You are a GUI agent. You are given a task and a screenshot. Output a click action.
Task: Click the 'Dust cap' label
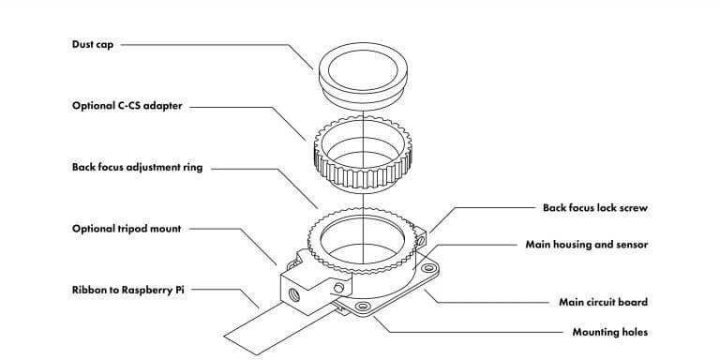[91, 44]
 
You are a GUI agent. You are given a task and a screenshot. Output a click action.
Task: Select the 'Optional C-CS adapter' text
[127, 106]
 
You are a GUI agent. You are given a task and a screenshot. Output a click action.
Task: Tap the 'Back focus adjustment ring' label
[137, 168]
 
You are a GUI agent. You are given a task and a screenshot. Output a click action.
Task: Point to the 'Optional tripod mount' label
[126, 228]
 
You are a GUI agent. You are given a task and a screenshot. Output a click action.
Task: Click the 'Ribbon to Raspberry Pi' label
[127, 290]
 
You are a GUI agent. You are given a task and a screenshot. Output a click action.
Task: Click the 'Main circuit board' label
[597, 302]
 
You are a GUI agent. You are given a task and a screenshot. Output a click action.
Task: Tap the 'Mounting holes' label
[609, 332]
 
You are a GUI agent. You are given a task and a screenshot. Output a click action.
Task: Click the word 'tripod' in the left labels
[135, 228]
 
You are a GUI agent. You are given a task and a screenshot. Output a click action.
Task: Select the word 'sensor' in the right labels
[630, 244]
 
